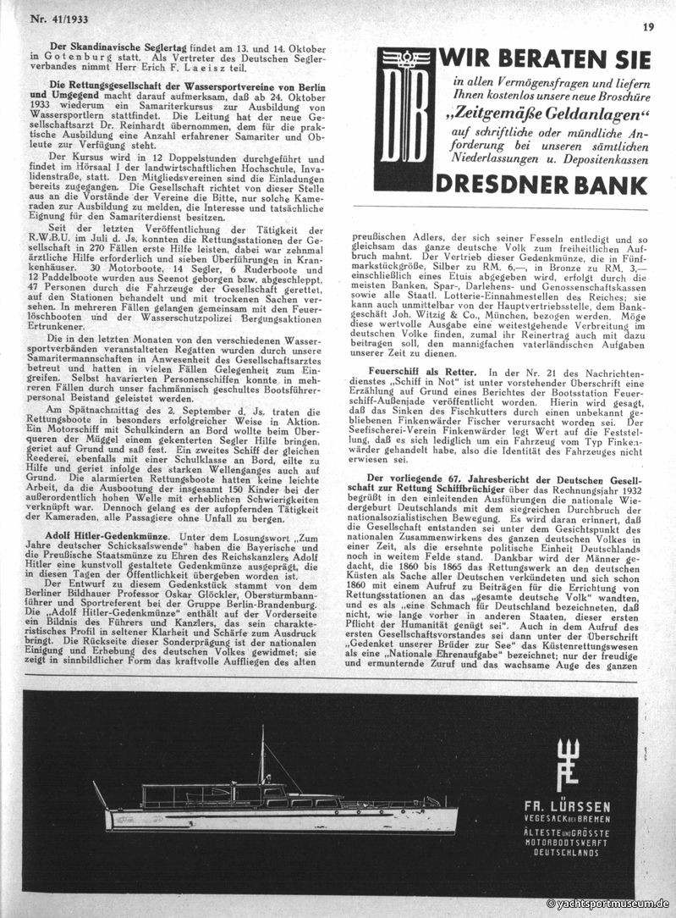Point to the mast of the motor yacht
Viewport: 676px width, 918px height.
tap(262, 754)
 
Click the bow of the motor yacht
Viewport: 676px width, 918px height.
tap(448, 814)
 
